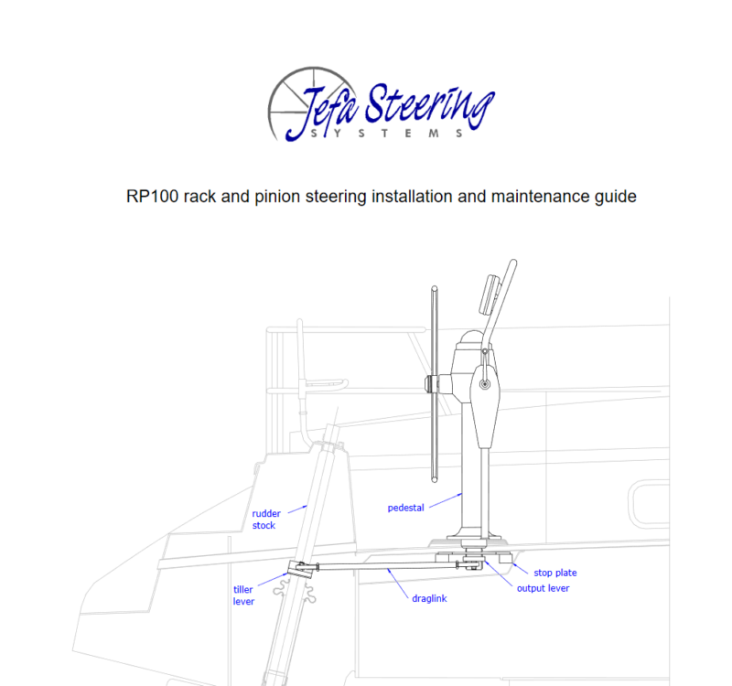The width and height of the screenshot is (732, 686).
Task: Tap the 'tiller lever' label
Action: point(243,595)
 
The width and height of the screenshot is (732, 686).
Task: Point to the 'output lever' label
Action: point(543,588)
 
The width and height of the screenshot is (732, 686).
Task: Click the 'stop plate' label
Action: point(555,573)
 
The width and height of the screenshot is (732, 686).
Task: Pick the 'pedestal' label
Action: point(405,507)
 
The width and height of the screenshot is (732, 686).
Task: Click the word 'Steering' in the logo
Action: point(430,108)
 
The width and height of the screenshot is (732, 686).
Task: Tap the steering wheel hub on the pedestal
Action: point(433,383)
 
